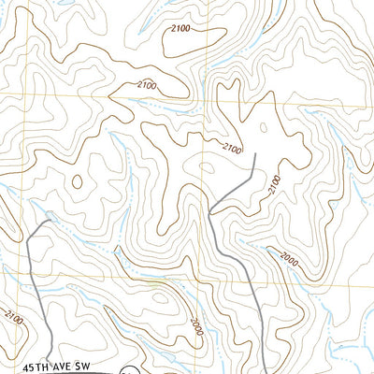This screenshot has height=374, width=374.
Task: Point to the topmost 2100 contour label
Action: pyautogui.click(x=180, y=30)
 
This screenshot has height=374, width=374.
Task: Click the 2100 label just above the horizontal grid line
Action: pyautogui.click(x=147, y=86)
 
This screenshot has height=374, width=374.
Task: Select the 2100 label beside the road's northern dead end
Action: pyautogui.click(x=231, y=148)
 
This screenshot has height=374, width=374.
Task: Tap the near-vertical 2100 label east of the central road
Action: pyautogui.click(x=274, y=183)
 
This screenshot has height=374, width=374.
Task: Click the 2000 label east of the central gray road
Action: pyautogui.click(x=287, y=262)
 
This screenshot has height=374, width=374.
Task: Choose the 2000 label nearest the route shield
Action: pyautogui.click(x=194, y=327)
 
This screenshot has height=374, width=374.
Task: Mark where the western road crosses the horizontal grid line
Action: pyautogui.click(x=29, y=278)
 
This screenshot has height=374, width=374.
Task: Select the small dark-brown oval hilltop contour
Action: pyautogui.click(x=77, y=181)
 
